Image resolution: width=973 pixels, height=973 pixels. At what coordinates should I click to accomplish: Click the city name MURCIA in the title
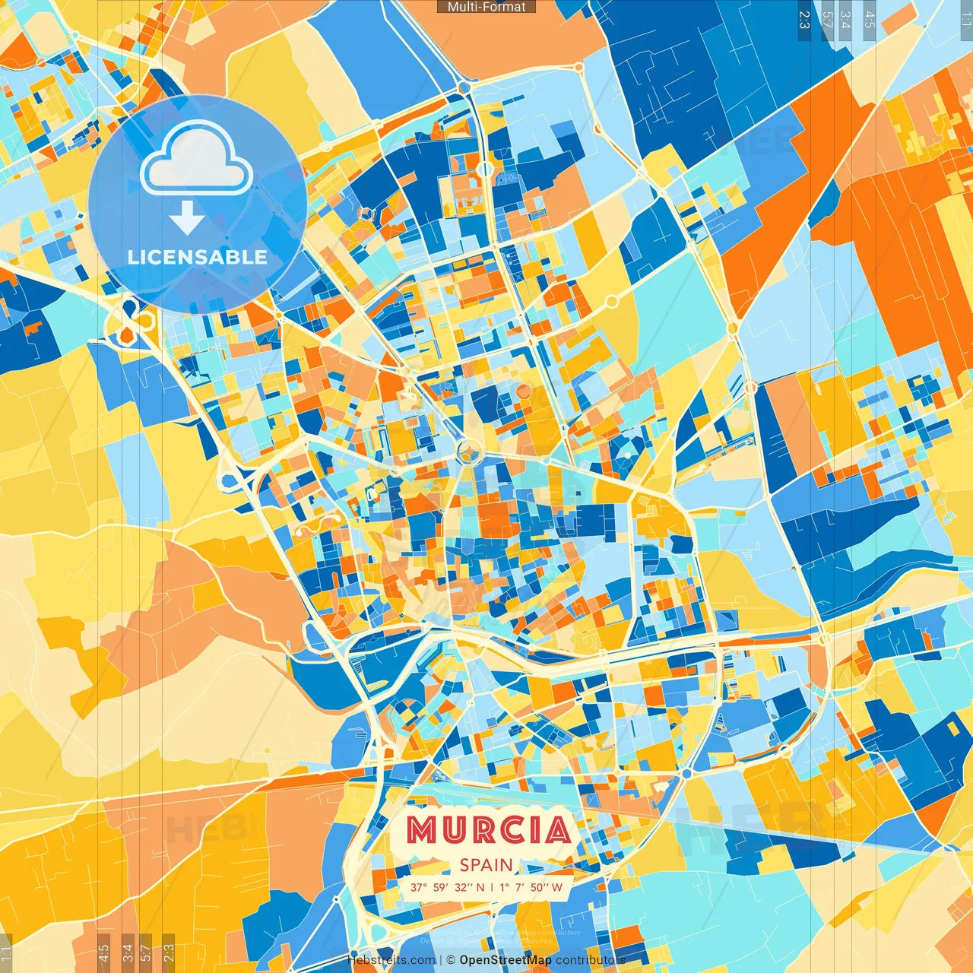(x=488, y=829)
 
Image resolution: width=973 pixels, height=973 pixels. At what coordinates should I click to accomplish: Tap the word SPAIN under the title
(x=486, y=865)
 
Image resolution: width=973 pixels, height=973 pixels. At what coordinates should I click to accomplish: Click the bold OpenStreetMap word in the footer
(x=505, y=960)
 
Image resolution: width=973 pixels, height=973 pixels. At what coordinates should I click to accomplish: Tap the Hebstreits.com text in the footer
(x=391, y=960)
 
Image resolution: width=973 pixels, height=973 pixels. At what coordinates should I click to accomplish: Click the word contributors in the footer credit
(x=591, y=960)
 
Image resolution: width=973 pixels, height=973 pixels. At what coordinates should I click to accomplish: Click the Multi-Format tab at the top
(x=486, y=7)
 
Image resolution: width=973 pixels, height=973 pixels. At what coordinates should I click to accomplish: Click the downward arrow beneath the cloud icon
(x=186, y=219)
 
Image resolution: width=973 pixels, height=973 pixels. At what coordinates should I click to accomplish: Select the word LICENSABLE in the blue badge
(x=197, y=257)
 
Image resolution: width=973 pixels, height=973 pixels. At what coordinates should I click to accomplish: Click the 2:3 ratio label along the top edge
(x=804, y=20)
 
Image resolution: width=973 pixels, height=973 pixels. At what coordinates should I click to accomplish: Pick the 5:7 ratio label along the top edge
(x=827, y=20)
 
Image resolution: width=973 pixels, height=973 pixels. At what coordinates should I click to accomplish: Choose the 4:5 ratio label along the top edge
(x=870, y=20)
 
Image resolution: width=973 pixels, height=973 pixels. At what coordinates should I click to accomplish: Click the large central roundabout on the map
(x=467, y=454)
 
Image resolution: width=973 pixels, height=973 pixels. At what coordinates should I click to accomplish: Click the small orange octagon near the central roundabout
(x=524, y=391)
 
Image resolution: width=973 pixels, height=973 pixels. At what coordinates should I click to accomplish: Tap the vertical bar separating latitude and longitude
(x=491, y=887)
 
